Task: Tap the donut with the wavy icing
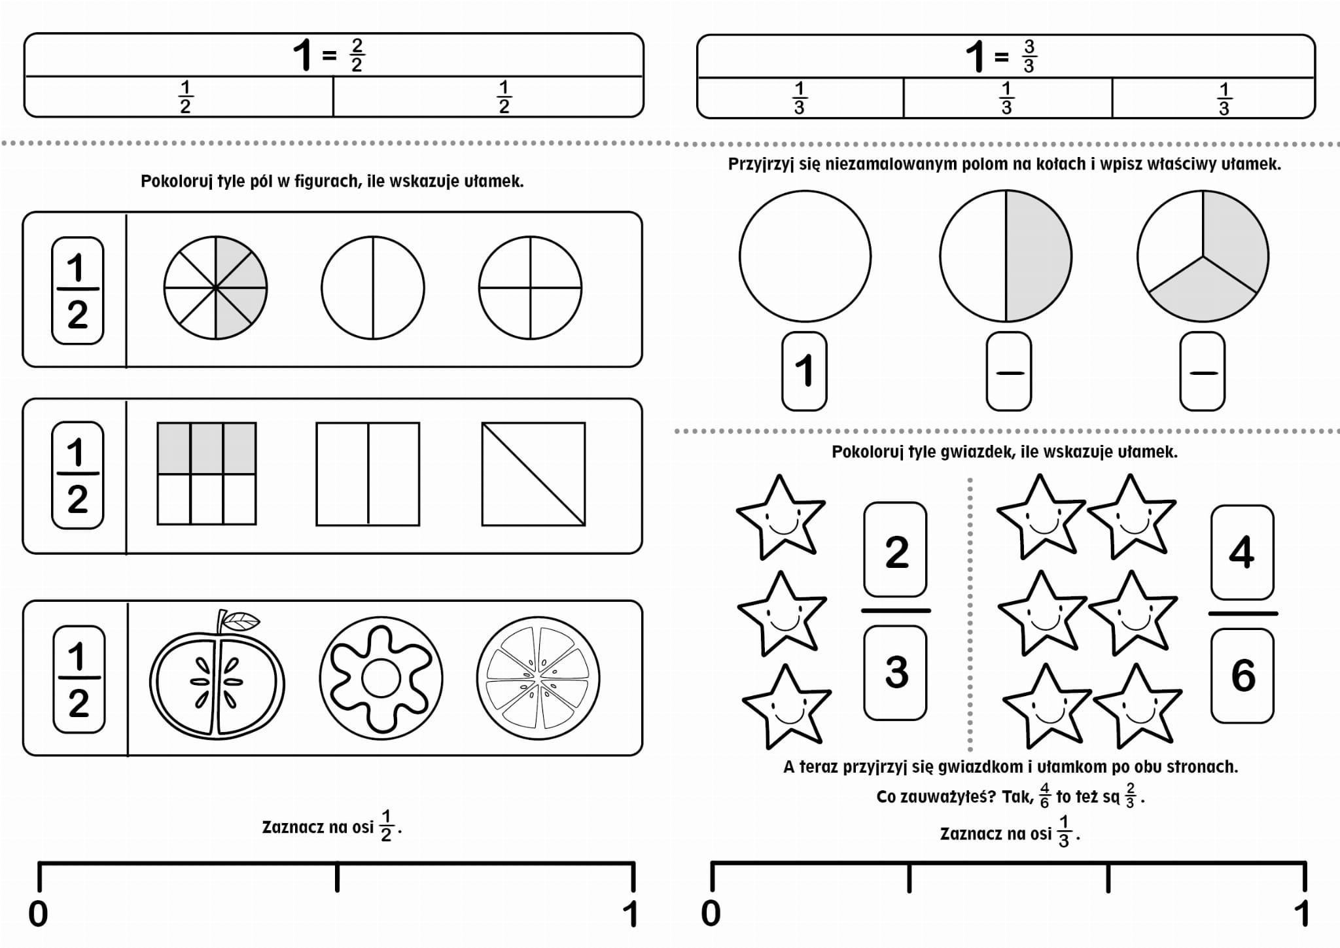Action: pos(381,678)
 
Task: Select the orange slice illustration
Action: pos(538,678)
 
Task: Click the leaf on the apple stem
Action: pos(241,620)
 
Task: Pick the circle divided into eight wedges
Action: pos(215,288)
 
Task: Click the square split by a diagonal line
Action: pos(534,474)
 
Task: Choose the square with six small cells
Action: pos(207,474)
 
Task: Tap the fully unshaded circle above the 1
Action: pos(805,256)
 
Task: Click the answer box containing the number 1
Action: pos(805,371)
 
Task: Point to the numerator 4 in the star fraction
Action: pos(1242,552)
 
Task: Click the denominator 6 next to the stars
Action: pos(1243,675)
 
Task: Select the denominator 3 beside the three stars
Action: pos(896,673)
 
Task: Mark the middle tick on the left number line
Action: pos(337,877)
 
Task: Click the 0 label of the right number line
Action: pos(711,913)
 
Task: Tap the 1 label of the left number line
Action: pos(630,914)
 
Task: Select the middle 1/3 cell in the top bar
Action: pos(1007,98)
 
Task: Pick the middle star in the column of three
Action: pos(781,613)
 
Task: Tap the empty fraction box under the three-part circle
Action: pos(1203,371)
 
